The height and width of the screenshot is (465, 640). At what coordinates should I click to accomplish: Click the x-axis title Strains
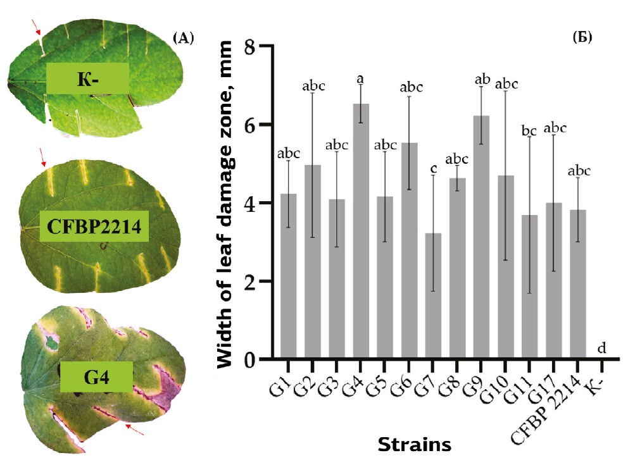tap(415, 445)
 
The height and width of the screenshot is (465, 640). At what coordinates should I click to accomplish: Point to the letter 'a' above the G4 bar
tap(360, 79)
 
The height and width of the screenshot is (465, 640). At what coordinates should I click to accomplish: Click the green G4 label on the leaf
tap(97, 378)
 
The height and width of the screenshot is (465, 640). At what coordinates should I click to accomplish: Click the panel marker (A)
tap(182, 38)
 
